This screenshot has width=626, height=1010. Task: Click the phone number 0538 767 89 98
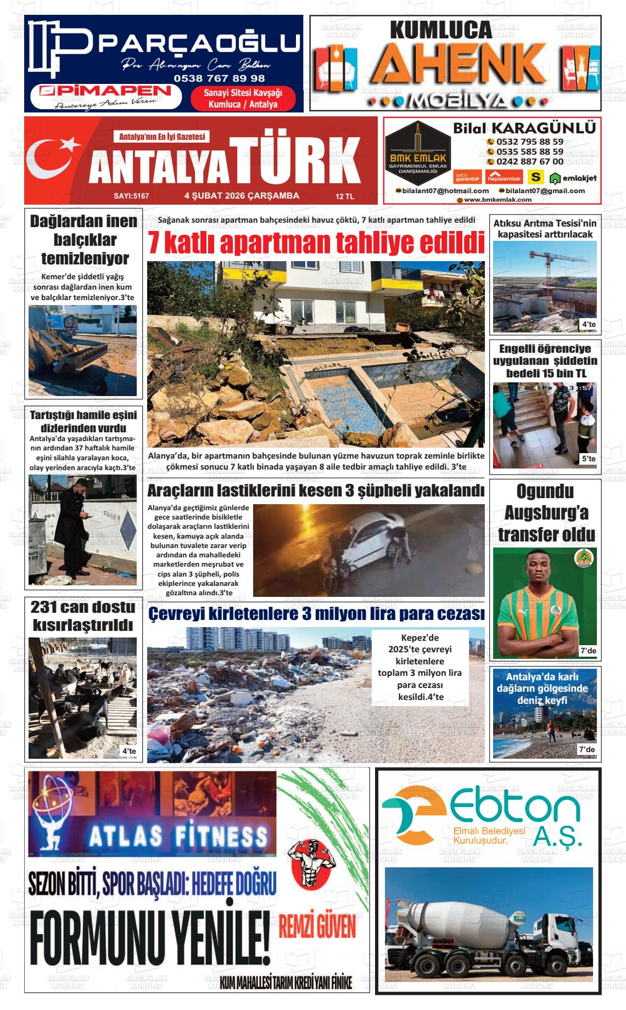click(x=219, y=78)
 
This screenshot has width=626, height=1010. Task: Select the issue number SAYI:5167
click(x=131, y=196)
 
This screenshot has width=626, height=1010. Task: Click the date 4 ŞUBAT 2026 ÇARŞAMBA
click(x=242, y=195)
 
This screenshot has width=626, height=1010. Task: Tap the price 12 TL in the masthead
click(x=345, y=196)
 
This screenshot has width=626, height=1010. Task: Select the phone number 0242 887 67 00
click(x=529, y=161)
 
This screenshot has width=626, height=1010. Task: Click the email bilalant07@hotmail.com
click(x=445, y=190)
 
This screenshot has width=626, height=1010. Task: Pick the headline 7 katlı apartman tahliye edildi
click(x=316, y=242)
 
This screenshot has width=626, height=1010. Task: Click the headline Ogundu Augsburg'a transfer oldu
click(x=546, y=512)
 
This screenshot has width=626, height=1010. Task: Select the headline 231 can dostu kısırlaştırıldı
click(x=83, y=616)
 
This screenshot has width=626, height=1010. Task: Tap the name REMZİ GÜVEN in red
click(x=318, y=928)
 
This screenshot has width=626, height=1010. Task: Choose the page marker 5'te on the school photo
click(x=588, y=459)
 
